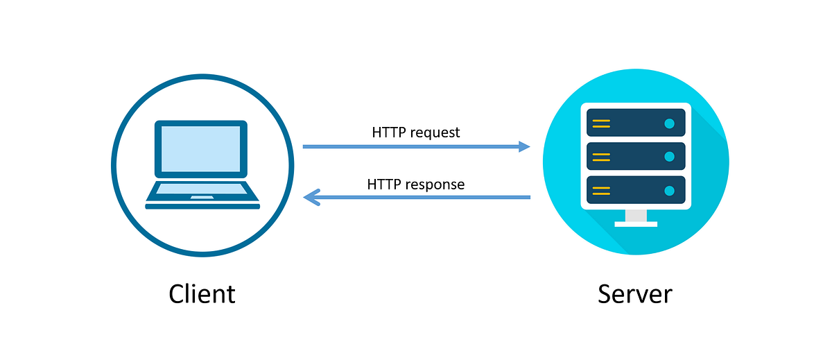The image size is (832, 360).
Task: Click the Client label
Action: (x=202, y=294)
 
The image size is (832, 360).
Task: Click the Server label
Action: (x=634, y=294)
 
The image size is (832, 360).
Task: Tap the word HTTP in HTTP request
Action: (x=389, y=132)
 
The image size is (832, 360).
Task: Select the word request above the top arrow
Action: (x=435, y=132)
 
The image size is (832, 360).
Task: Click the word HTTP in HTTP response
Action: (x=384, y=185)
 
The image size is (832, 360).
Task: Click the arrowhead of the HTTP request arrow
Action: (x=524, y=146)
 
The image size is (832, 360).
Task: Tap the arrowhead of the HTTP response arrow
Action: (x=310, y=198)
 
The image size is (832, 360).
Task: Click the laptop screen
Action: (x=201, y=148)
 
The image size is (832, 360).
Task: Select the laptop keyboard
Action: (x=202, y=189)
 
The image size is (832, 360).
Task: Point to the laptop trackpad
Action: (x=202, y=198)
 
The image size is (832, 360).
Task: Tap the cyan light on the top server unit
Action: (x=669, y=123)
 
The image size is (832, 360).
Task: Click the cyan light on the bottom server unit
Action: (x=669, y=190)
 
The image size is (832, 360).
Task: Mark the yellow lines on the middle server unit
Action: (x=601, y=157)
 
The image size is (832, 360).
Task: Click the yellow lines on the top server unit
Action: (x=601, y=123)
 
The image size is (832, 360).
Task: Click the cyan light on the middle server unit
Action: (x=669, y=157)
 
